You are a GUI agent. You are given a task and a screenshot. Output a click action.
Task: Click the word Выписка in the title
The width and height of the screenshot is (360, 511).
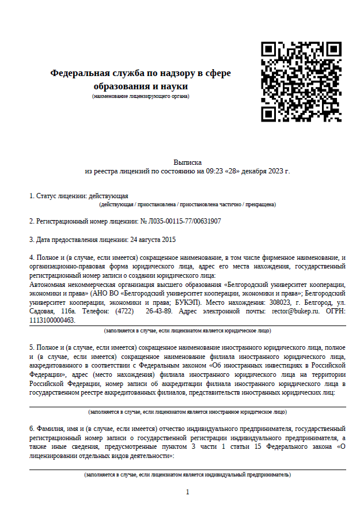click(x=187, y=163)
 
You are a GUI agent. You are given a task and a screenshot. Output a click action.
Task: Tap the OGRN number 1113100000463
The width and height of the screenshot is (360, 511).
click(x=52, y=320)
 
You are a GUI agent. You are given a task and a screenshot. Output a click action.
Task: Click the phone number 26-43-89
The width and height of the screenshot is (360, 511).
click(x=158, y=311)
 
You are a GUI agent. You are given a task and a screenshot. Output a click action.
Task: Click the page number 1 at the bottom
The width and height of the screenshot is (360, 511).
click(x=187, y=491)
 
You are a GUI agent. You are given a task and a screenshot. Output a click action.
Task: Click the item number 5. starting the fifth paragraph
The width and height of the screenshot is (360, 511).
click(x=32, y=349)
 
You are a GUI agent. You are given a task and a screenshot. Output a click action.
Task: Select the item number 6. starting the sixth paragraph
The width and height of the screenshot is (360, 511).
click(x=32, y=429)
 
